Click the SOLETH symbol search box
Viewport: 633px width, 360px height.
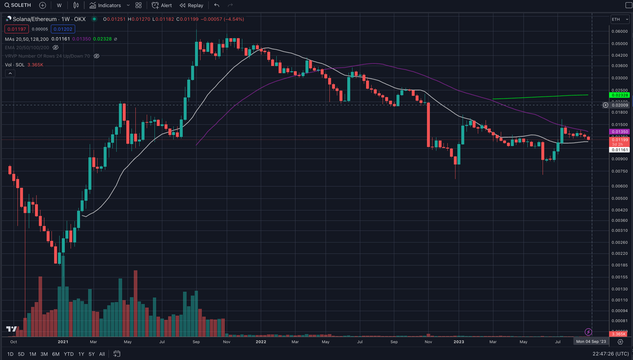(x=18, y=5)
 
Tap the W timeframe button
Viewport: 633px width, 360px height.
(x=59, y=5)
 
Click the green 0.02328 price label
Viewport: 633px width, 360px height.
(x=619, y=95)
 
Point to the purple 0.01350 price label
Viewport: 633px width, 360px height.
(x=619, y=131)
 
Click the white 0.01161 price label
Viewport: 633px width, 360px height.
(x=619, y=150)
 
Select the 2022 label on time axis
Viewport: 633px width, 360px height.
(x=261, y=342)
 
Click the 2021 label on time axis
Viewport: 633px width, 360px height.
(x=63, y=342)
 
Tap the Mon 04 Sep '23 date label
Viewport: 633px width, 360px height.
(x=592, y=342)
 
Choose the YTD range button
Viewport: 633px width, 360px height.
(x=69, y=354)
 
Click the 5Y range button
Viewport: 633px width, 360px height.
(x=92, y=354)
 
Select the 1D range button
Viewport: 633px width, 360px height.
(x=10, y=354)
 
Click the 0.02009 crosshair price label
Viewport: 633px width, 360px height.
(x=619, y=105)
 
